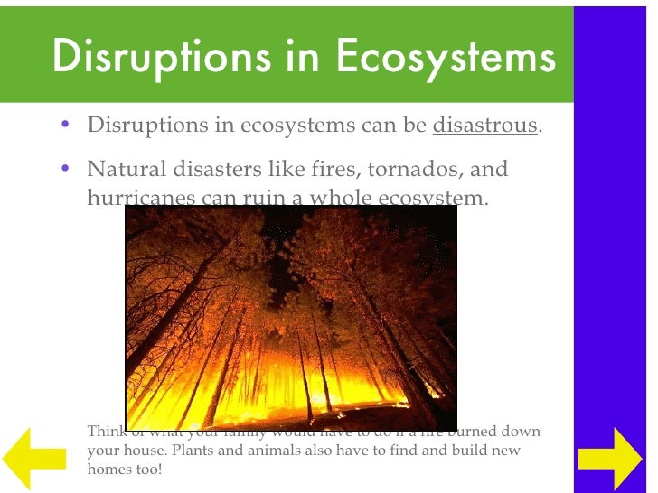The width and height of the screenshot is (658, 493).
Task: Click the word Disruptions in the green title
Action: point(157,57)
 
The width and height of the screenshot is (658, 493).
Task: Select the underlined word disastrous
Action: point(485,125)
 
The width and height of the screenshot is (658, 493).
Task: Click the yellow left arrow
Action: point(33,451)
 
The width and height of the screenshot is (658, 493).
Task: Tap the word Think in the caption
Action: point(105,431)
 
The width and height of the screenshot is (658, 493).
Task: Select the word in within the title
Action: point(301,57)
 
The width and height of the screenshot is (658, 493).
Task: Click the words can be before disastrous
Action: point(394,125)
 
